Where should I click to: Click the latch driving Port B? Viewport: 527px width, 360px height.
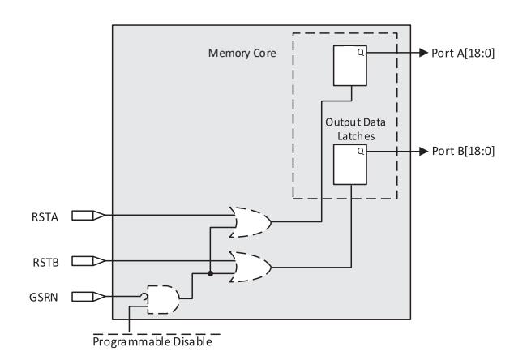349,165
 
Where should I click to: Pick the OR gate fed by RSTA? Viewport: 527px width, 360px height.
251,221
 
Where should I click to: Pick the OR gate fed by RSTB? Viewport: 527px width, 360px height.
251,266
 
